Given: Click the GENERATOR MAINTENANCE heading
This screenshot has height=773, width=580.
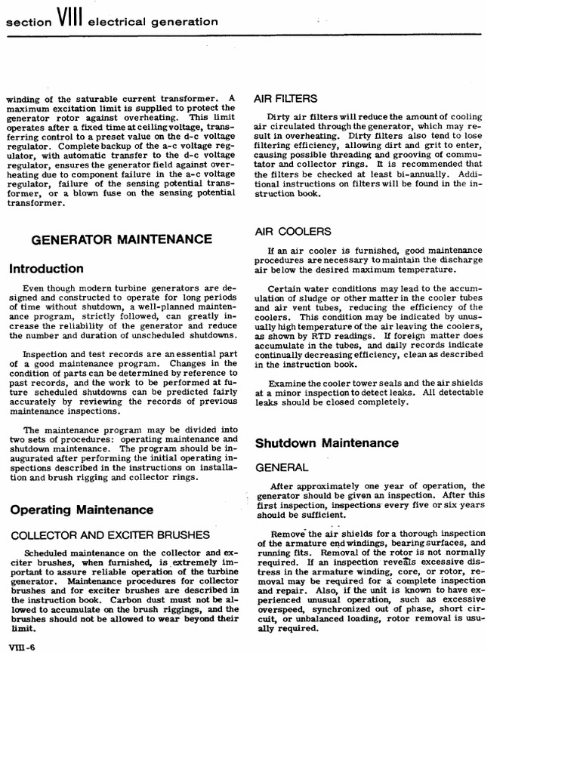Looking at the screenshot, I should (121, 239).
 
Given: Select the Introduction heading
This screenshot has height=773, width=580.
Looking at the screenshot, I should (46, 268).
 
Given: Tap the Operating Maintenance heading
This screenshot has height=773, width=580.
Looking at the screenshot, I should (82, 510).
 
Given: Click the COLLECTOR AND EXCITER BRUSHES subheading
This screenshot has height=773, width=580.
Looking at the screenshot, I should (110, 534).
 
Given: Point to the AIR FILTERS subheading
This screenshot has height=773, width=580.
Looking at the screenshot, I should (285, 98).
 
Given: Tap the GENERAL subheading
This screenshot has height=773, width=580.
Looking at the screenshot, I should (282, 468).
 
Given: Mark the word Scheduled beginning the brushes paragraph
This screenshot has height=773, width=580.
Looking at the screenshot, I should (48, 552).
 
